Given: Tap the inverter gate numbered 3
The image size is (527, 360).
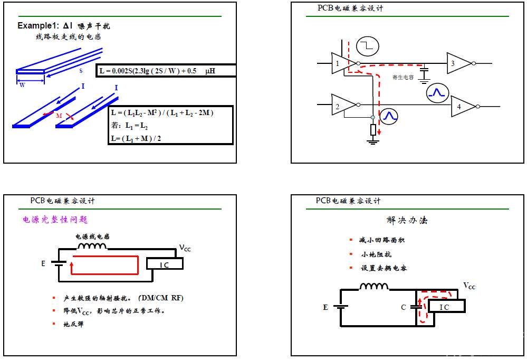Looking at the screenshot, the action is (x=459, y=63).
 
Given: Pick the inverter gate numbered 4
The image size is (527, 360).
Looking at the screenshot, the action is (x=464, y=106).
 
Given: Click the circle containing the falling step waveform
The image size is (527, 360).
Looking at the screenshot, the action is (x=368, y=46).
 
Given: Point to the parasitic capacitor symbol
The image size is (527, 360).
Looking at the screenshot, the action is (x=424, y=74).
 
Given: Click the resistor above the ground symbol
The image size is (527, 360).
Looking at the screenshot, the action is (x=373, y=129).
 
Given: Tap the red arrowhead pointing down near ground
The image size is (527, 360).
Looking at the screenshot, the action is (x=379, y=132).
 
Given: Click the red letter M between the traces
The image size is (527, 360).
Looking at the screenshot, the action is (x=59, y=116).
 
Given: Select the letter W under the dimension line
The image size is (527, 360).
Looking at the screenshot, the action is (x=22, y=85).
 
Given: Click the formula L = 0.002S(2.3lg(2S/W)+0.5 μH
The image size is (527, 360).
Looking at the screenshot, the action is (x=157, y=71).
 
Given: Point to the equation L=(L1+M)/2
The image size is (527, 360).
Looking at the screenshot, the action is (x=136, y=138).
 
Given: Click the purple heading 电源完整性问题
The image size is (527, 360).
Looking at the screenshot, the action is (x=55, y=220).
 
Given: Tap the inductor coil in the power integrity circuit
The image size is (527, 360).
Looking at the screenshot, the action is (x=92, y=246).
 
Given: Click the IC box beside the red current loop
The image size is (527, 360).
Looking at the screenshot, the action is (x=165, y=264).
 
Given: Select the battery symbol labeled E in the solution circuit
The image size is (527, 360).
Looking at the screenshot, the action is (x=340, y=307).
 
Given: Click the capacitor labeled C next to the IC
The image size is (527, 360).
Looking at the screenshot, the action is (x=416, y=307).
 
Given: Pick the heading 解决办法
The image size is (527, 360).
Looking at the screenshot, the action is (x=407, y=220).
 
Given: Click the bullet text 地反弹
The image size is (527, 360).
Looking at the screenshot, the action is (x=74, y=324).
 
